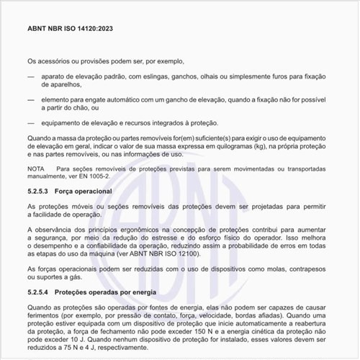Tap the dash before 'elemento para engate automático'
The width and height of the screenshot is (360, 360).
click(30, 102)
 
